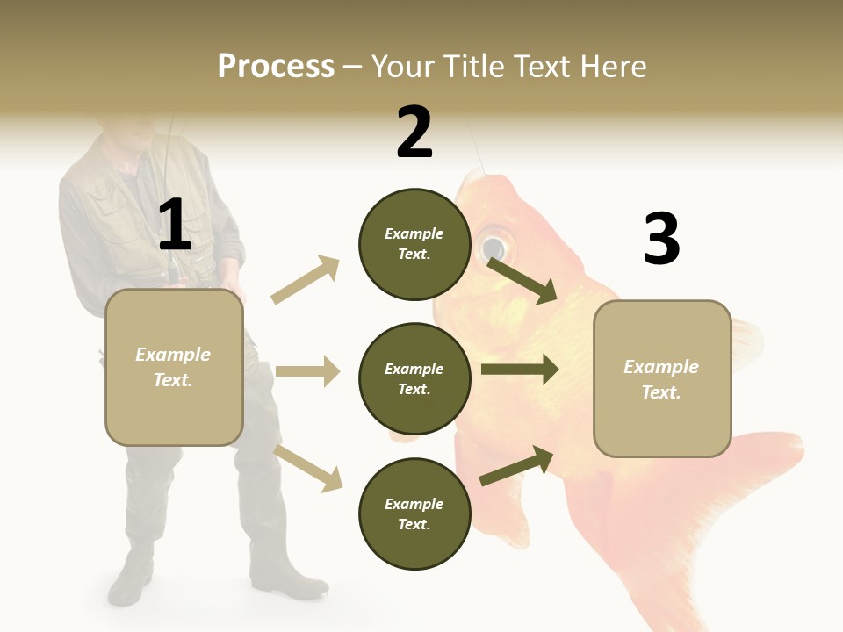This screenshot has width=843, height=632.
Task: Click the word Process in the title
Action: click(276, 67)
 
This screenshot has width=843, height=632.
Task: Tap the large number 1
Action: click(175, 226)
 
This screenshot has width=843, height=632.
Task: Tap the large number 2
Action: click(414, 133)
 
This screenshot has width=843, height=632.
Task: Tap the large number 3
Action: click(661, 239)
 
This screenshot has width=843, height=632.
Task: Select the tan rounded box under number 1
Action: click(174, 367)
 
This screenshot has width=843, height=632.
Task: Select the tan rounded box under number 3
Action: click(662, 378)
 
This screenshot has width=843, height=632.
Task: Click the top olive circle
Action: click(414, 244)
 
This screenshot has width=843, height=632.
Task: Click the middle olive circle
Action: click(414, 378)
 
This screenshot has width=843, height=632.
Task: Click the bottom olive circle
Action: click(414, 513)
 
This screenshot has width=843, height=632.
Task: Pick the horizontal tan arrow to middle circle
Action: click(307, 371)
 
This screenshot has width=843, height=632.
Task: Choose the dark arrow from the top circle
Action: click(522, 280)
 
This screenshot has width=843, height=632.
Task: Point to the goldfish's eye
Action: click(494, 243)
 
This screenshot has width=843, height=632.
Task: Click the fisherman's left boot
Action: click(290, 575)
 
